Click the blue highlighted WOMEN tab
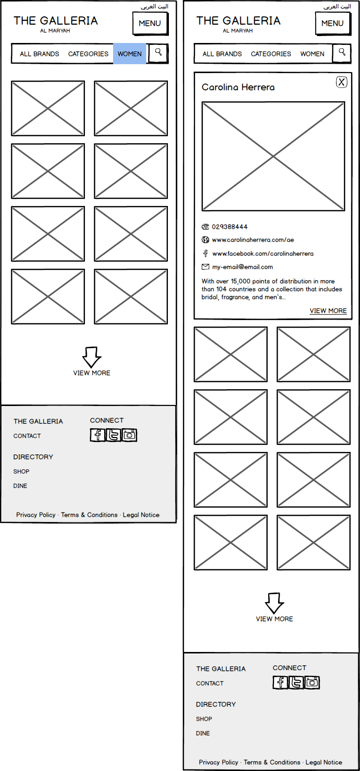tap(129, 54)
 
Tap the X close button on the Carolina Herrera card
tap(342, 82)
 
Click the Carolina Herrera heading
tap(238, 87)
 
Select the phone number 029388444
tap(230, 227)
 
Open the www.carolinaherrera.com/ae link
tap(253, 240)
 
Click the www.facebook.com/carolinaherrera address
tap(263, 254)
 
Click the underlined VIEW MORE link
tap(328, 311)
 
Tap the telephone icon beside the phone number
tap(205, 227)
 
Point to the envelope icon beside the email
tap(205, 267)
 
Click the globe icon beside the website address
tap(205, 240)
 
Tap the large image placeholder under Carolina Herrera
tap(273, 157)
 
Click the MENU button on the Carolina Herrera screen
tap(332, 23)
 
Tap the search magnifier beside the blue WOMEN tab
tap(159, 52)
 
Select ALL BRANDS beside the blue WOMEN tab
tap(40, 54)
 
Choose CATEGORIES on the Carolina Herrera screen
tap(271, 54)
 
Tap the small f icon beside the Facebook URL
tap(205, 254)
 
